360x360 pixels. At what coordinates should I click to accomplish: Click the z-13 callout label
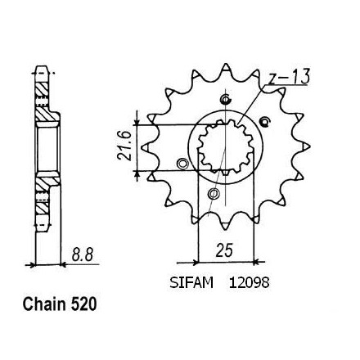click(289, 77)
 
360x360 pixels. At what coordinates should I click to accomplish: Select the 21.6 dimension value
click(124, 149)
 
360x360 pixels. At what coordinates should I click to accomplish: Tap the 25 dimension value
click(224, 250)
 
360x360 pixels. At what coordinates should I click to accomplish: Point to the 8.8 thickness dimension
click(83, 255)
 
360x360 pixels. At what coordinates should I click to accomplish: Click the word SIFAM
click(191, 283)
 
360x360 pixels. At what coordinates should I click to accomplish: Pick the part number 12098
click(249, 283)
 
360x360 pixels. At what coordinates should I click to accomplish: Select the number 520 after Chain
click(84, 304)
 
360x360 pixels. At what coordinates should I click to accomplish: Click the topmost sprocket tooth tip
click(226, 64)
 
